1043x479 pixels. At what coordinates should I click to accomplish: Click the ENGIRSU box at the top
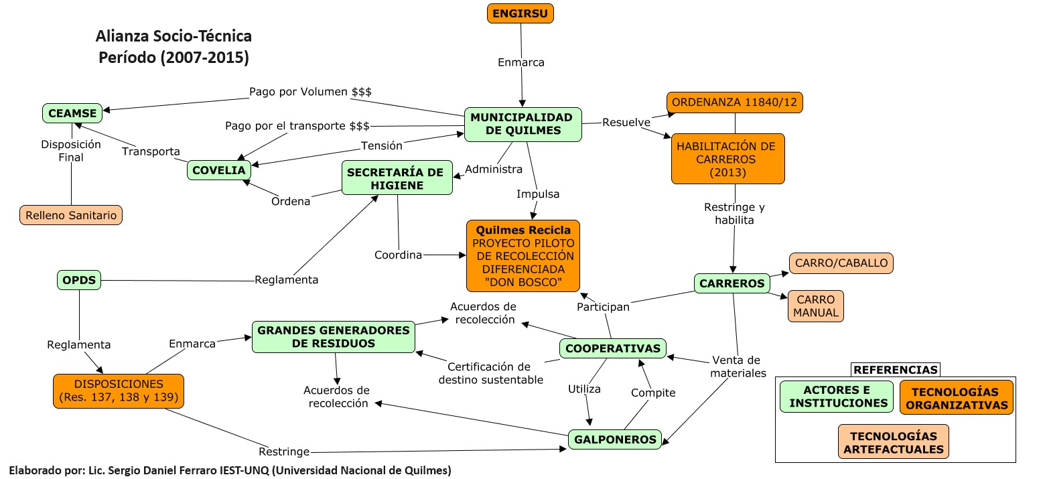pyautogui.click(x=520, y=13)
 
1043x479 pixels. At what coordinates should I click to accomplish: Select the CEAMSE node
pyautogui.click(x=72, y=114)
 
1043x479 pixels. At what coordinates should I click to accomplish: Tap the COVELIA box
pyautogui.click(x=219, y=170)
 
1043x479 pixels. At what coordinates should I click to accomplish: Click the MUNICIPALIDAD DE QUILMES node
pyautogui.click(x=523, y=124)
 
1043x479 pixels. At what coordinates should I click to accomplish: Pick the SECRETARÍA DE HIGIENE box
pyautogui.click(x=397, y=178)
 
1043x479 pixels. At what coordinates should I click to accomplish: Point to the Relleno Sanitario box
pyautogui.click(x=71, y=215)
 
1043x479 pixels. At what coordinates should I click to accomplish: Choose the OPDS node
pyautogui.click(x=79, y=279)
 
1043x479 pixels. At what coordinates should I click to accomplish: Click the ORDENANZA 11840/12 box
pyautogui.click(x=735, y=102)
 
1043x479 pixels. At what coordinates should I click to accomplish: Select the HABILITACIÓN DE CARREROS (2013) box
pyautogui.click(x=727, y=159)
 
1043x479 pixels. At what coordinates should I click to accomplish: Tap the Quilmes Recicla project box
pyautogui.click(x=523, y=256)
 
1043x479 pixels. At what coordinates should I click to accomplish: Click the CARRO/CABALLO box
pyautogui.click(x=841, y=263)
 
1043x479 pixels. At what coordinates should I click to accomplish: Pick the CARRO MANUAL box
pyautogui.click(x=816, y=306)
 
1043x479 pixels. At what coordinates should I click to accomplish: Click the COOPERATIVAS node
pyautogui.click(x=612, y=348)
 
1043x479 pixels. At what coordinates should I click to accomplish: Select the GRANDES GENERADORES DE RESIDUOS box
pyautogui.click(x=333, y=337)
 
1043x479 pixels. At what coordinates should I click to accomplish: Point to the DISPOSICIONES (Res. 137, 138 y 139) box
pyautogui.click(x=119, y=391)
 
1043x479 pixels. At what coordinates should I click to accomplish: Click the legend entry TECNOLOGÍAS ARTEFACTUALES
pyautogui.click(x=894, y=442)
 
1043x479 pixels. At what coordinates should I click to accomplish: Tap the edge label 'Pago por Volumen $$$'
pyautogui.click(x=310, y=91)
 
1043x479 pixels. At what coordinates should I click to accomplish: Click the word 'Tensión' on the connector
pyautogui.click(x=382, y=145)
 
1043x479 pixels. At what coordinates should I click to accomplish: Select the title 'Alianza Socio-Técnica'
pyautogui.click(x=173, y=36)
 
